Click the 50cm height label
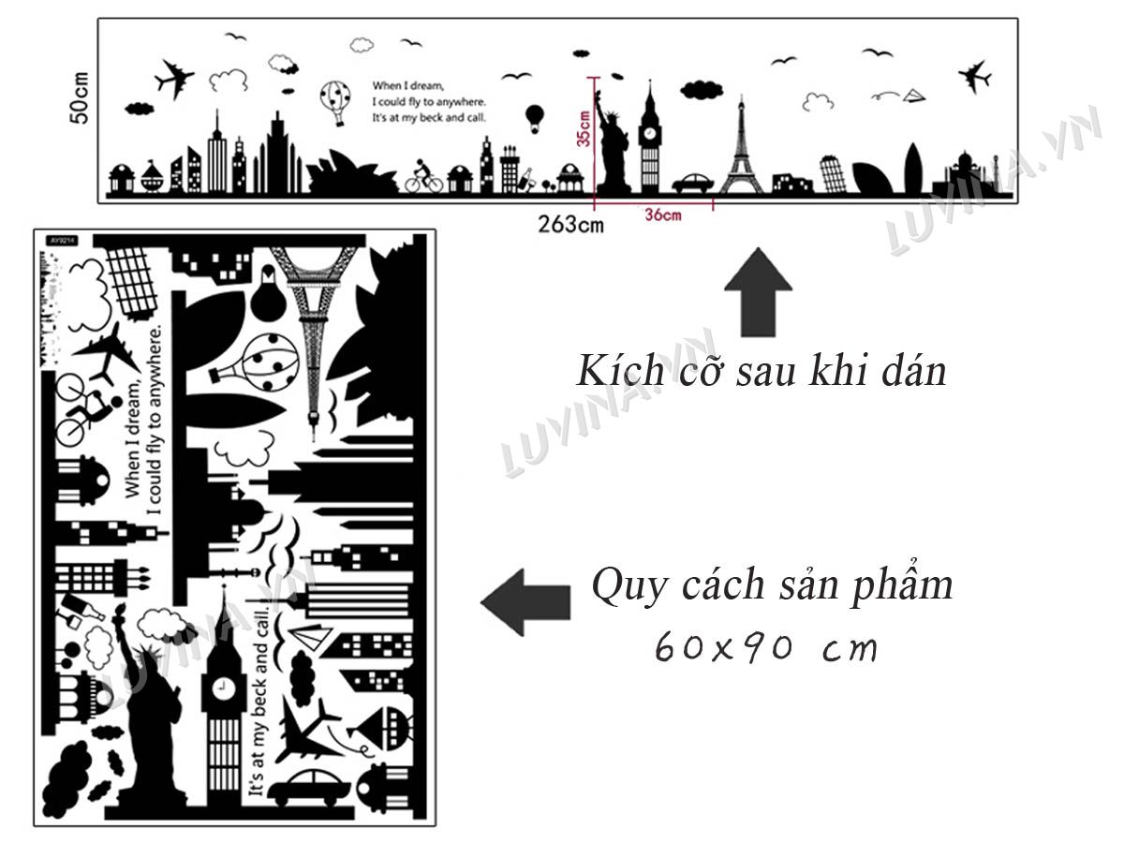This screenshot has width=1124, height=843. (80, 97)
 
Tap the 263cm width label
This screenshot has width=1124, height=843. (570, 224)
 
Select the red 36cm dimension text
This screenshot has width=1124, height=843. (663, 215)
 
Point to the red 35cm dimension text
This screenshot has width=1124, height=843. (584, 128)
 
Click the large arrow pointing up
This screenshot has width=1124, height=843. (758, 292)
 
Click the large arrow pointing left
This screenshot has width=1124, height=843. (525, 602)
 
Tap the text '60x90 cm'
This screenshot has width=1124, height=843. (766, 647)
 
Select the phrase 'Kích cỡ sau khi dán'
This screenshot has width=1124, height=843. (761, 371)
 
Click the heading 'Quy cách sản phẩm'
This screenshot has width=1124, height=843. (772, 586)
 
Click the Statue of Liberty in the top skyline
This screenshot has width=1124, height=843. (612, 140)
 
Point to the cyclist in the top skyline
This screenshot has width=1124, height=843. (423, 176)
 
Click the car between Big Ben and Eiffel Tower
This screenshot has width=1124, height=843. (693, 184)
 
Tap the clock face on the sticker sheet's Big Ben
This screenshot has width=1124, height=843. (222, 686)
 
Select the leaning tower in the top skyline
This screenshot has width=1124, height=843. (833, 174)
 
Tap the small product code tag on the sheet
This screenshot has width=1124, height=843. (62, 241)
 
